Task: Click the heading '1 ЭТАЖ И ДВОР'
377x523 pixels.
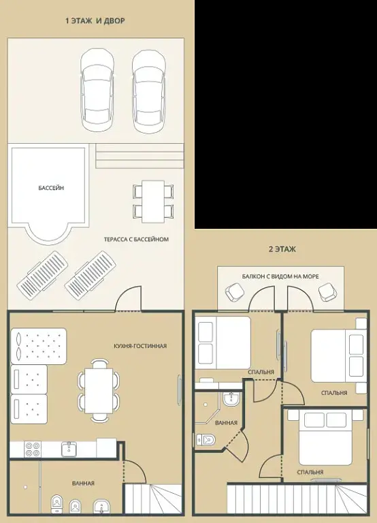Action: point(95,20)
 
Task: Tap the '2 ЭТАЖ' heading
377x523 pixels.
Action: point(282,249)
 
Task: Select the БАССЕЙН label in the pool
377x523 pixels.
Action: point(51,188)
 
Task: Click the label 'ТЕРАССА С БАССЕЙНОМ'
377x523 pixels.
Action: point(136,239)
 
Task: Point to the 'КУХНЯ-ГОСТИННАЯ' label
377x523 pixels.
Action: point(140,346)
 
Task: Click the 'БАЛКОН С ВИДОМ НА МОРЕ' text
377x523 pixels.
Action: point(280,276)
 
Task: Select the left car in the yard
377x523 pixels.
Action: point(97,89)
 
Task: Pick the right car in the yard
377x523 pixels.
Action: point(148,91)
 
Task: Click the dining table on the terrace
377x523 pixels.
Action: point(153,202)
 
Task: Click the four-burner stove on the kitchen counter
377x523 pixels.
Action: point(33,449)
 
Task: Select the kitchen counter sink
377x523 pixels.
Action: point(69,449)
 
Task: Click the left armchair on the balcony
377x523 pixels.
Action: point(235,293)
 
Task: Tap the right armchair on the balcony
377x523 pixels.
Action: point(327,292)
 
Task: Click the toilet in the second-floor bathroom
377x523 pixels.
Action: point(206,440)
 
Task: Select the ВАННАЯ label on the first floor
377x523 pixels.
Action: point(83,484)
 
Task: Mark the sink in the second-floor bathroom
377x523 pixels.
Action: point(231,398)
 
